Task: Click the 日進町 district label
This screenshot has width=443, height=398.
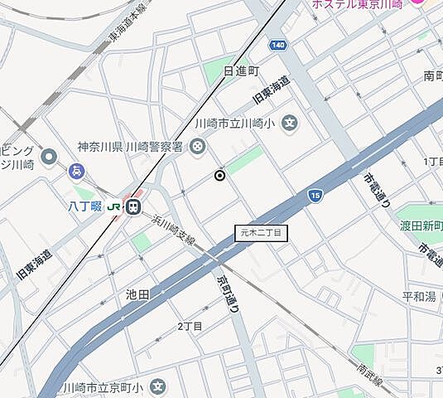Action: click(x=241, y=70)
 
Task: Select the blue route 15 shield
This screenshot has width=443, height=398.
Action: click(x=315, y=196)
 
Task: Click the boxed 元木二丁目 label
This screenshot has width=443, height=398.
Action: click(x=260, y=233)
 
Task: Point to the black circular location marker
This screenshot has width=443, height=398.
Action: click(x=219, y=175)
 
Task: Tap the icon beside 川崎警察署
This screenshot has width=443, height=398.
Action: click(x=198, y=147)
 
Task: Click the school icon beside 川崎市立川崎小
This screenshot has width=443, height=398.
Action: click(x=289, y=124)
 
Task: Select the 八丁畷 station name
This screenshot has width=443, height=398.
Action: click(x=85, y=206)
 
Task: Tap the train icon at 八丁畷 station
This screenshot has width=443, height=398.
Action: click(x=133, y=206)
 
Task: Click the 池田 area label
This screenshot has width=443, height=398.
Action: click(x=137, y=294)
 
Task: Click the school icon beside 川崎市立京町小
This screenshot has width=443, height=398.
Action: click(x=158, y=387)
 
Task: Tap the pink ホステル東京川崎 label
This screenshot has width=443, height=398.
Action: click(x=357, y=5)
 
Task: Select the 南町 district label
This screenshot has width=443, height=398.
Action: click(x=432, y=75)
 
